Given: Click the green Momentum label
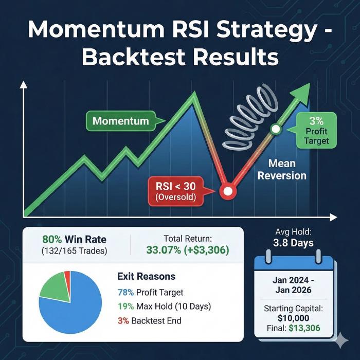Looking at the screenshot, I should click(x=120, y=121).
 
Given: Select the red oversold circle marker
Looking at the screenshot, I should click(x=227, y=192).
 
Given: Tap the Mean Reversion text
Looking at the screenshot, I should click(x=282, y=170).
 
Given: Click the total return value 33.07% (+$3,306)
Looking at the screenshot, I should click(x=187, y=250).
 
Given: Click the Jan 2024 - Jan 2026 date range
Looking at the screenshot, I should click(x=295, y=287).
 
